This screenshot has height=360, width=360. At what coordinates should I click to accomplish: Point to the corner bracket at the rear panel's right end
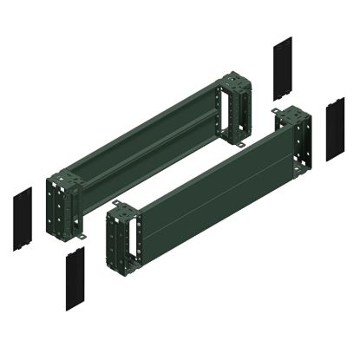coord(237,109)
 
